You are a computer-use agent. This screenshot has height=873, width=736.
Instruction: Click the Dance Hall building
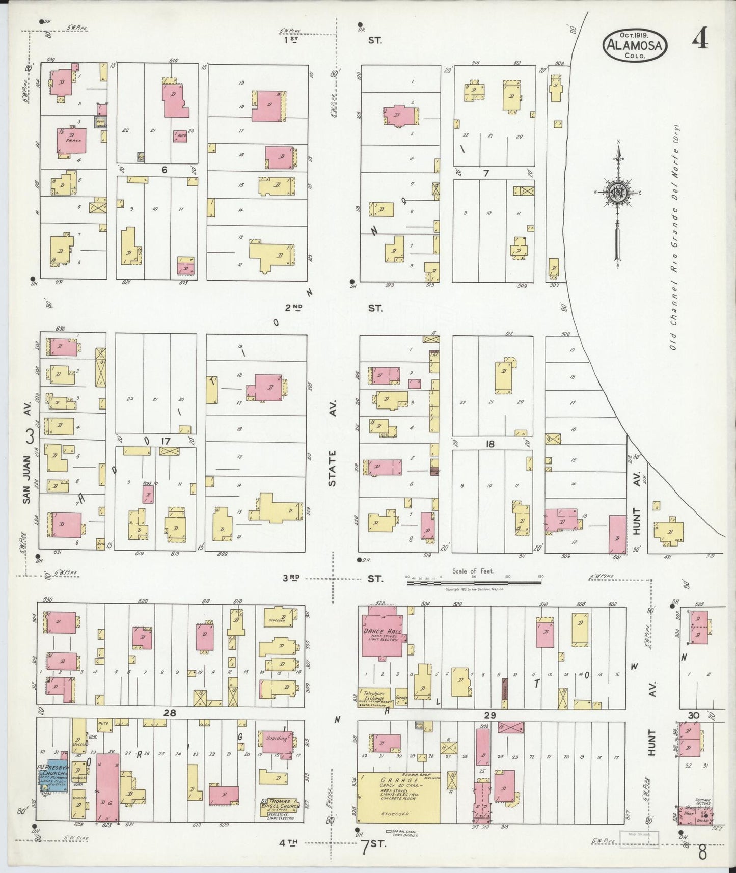coord(381,632)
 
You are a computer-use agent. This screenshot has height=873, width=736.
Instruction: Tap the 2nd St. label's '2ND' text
coord(293,308)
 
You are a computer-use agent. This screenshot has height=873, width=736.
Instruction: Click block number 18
coord(489,444)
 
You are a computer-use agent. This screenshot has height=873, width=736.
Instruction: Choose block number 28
coord(170,714)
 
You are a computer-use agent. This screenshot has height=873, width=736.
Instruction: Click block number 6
coord(164,170)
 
